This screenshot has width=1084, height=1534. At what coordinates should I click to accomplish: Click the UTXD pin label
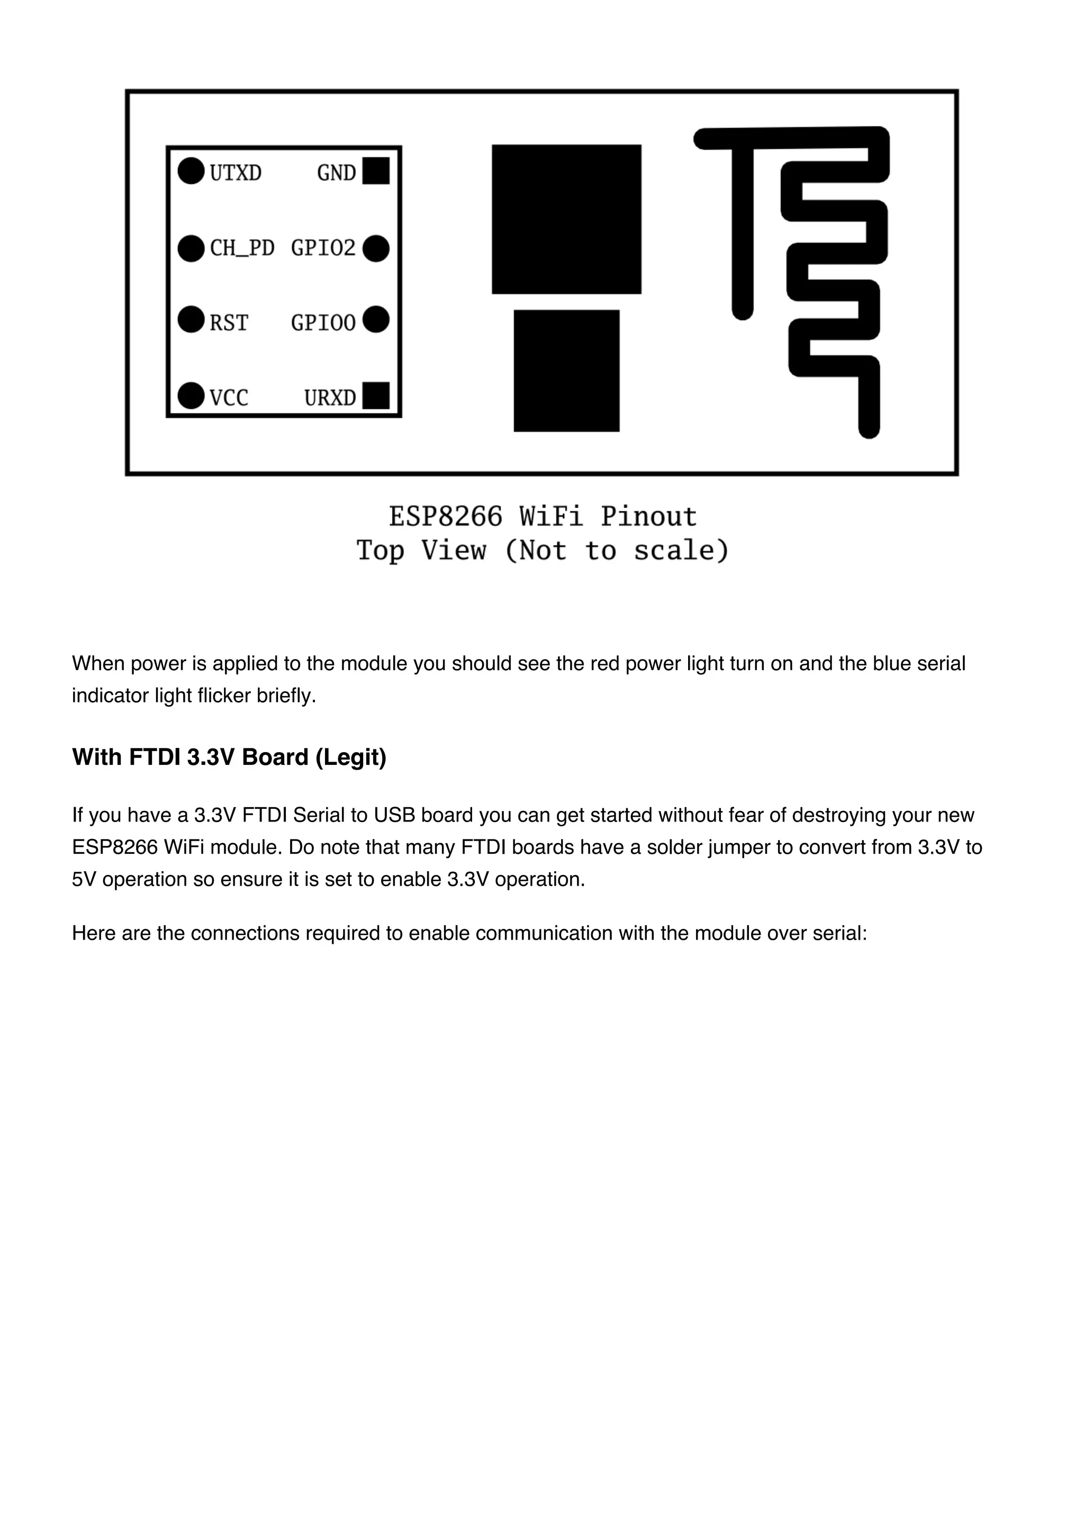235,173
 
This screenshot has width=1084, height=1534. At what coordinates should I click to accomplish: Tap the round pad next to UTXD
191,171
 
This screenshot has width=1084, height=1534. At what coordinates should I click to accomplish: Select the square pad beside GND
376,171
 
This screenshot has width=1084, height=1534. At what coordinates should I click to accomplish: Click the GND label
336,173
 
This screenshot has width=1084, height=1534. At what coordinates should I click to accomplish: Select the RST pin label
229,323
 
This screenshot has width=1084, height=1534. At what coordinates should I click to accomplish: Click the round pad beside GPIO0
376,319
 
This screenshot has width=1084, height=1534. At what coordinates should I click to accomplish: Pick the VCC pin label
229,398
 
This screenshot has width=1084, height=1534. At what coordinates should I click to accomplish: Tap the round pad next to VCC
191,395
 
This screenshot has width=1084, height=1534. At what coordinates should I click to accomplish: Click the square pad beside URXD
376,395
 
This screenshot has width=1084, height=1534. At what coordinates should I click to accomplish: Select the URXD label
330,398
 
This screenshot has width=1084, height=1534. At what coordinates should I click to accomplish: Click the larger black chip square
566,219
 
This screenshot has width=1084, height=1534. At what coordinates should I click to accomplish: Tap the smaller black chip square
566,371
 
